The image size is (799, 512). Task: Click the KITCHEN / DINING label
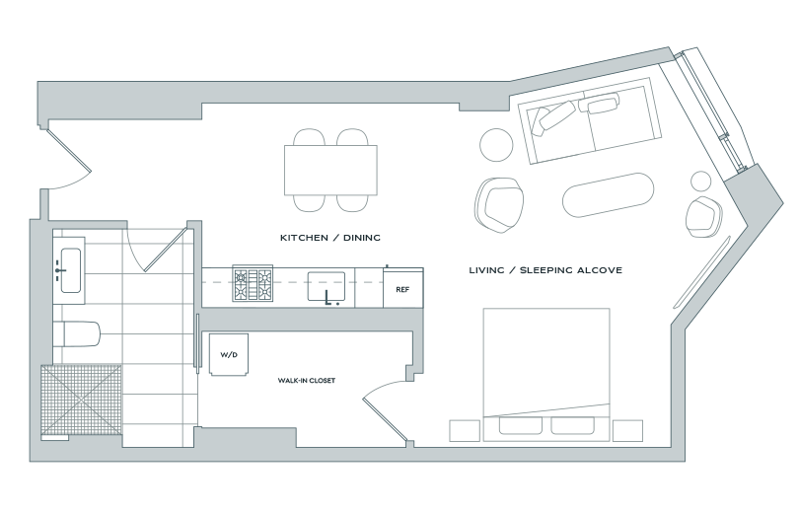pyautogui.click(x=329, y=239)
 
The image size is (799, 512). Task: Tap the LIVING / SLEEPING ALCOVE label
pyautogui.click(x=545, y=269)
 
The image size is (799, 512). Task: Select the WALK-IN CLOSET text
pyautogui.click(x=307, y=379)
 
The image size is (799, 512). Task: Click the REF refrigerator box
pyautogui.click(x=402, y=290)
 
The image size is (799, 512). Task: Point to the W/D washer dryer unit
pyautogui.click(x=228, y=354)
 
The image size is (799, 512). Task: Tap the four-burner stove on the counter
pyautogui.click(x=252, y=284)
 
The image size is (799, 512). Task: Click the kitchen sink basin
pyautogui.click(x=327, y=284)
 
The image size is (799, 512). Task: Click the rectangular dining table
pyautogui.click(x=330, y=170)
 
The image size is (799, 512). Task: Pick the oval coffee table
pyautogui.click(x=608, y=194)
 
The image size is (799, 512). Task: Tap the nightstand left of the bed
pyautogui.click(x=464, y=430)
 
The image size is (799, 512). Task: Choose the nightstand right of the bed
pyautogui.click(x=626, y=430)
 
